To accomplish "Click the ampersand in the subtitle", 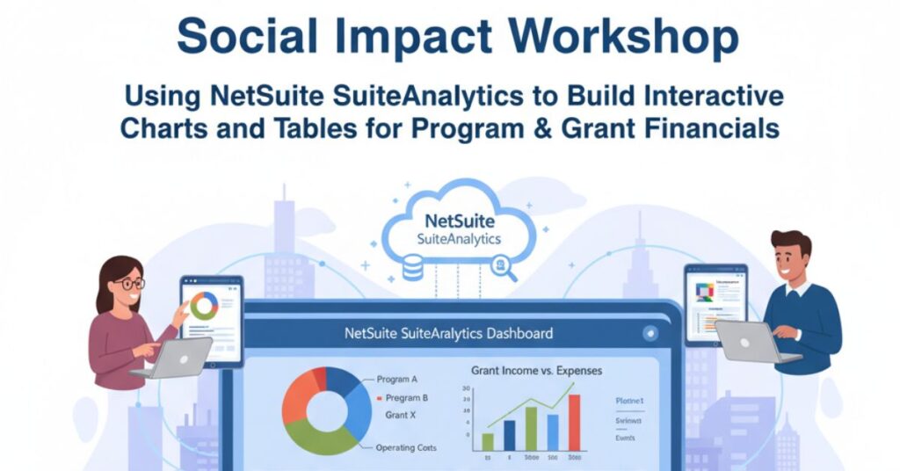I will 584,128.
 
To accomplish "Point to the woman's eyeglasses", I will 130,284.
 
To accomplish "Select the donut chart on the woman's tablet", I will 204,305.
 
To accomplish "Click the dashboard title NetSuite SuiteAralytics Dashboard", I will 449,334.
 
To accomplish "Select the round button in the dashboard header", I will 650,334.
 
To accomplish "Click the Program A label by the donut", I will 396,379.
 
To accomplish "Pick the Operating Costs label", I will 405,448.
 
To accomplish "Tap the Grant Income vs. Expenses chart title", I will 536,371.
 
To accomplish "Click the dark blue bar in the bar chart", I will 510,435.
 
